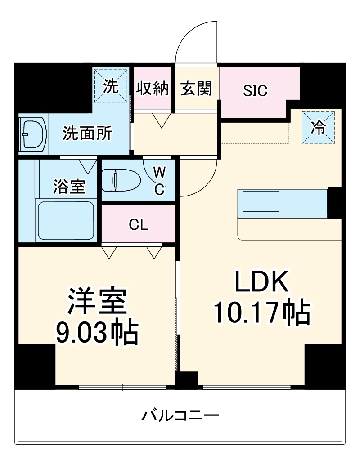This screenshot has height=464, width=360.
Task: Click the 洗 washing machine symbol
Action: click(x=111, y=85)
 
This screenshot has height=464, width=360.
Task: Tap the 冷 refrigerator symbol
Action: click(x=319, y=127)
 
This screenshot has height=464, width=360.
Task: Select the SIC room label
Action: click(x=255, y=90)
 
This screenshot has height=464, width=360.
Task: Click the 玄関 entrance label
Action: click(x=196, y=89)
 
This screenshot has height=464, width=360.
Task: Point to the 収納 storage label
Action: click(x=153, y=89)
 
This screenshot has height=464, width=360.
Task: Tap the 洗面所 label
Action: click(x=87, y=134)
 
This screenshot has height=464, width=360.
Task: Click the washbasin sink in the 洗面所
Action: click(x=34, y=134)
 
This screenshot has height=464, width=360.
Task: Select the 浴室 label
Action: click(x=69, y=186)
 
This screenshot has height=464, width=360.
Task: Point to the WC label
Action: click(x=159, y=180)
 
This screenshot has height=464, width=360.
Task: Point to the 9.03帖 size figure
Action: click(x=96, y=332)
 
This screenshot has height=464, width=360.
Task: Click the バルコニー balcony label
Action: click(x=180, y=415)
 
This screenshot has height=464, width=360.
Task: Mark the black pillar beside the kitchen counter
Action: click(x=335, y=203)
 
